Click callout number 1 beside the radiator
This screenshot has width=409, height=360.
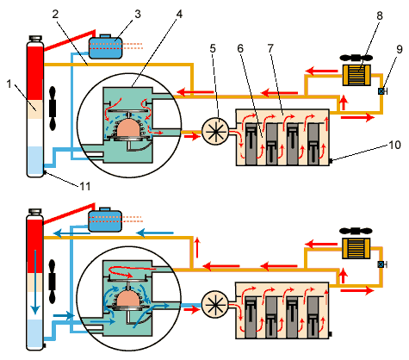pyautogui.click(x=9, y=84)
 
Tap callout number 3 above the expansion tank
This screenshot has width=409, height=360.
pyautogui.click(x=138, y=14)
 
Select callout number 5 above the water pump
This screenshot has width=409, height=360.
pyautogui.click(x=213, y=48)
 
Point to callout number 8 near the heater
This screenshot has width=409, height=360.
pyautogui.click(x=380, y=16)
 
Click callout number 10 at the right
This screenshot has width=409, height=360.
pyautogui.click(x=394, y=145)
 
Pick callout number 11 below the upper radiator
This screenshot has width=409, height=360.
pyautogui.click(x=85, y=186)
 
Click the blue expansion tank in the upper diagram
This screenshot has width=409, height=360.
pyautogui.click(x=106, y=47)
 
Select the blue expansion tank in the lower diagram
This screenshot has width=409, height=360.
pyautogui.click(x=105, y=220)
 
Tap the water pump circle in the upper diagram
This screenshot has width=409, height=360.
pyautogui.click(x=215, y=132)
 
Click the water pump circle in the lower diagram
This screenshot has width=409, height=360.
pyautogui.click(x=215, y=304)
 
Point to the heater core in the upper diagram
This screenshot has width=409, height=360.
pyautogui.click(x=356, y=75)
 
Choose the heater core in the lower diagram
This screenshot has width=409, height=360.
pyautogui.click(x=356, y=248)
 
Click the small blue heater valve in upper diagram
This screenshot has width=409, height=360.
pyautogui.click(x=381, y=91)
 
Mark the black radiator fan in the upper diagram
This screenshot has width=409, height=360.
pyautogui.click(x=53, y=109)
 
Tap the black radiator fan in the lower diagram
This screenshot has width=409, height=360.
pyautogui.click(x=52, y=282)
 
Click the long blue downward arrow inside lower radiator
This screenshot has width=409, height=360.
pyautogui.click(x=35, y=282)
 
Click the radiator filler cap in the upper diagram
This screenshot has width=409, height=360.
pyautogui.click(x=35, y=39)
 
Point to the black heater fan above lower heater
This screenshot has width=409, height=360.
pyautogui.click(x=356, y=231)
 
